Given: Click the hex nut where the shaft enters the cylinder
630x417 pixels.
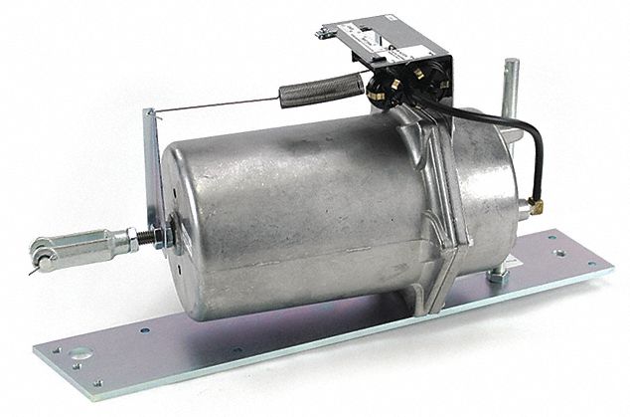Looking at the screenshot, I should [x=172, y=235].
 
